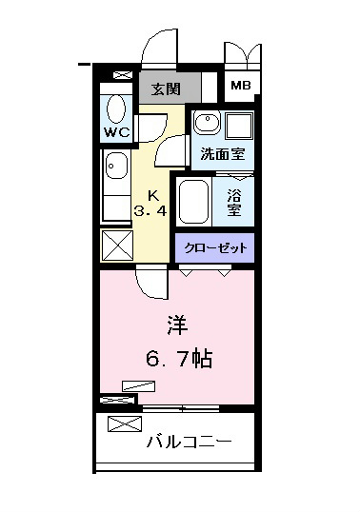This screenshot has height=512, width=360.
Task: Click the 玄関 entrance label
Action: (166, 89)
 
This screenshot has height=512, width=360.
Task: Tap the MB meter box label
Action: (241, 86)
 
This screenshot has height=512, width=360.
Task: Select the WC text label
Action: (116, 132)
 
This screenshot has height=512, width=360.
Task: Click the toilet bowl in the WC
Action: (116, 109)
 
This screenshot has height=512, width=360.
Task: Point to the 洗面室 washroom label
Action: (223, 154)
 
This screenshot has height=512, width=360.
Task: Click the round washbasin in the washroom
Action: (207, 121)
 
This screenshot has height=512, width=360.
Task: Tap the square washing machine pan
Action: (239, 126)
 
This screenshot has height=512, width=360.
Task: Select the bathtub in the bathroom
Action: (193, 202)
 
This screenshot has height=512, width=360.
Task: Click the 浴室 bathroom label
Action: (234, 203)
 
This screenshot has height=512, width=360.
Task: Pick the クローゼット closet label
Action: (215, 248)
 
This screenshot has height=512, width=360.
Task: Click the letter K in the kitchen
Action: (153, 196)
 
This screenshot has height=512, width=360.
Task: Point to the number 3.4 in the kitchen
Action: (150, 211)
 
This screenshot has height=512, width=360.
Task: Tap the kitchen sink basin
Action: (116, 166)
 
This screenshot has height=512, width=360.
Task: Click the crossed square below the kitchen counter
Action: (117, 245)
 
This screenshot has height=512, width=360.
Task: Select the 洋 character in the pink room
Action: (177, 325)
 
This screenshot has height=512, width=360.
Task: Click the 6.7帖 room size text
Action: (179, 359)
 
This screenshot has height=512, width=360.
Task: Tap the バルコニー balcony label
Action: (189, 442)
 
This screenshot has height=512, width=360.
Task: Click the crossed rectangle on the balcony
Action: (125, 423)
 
